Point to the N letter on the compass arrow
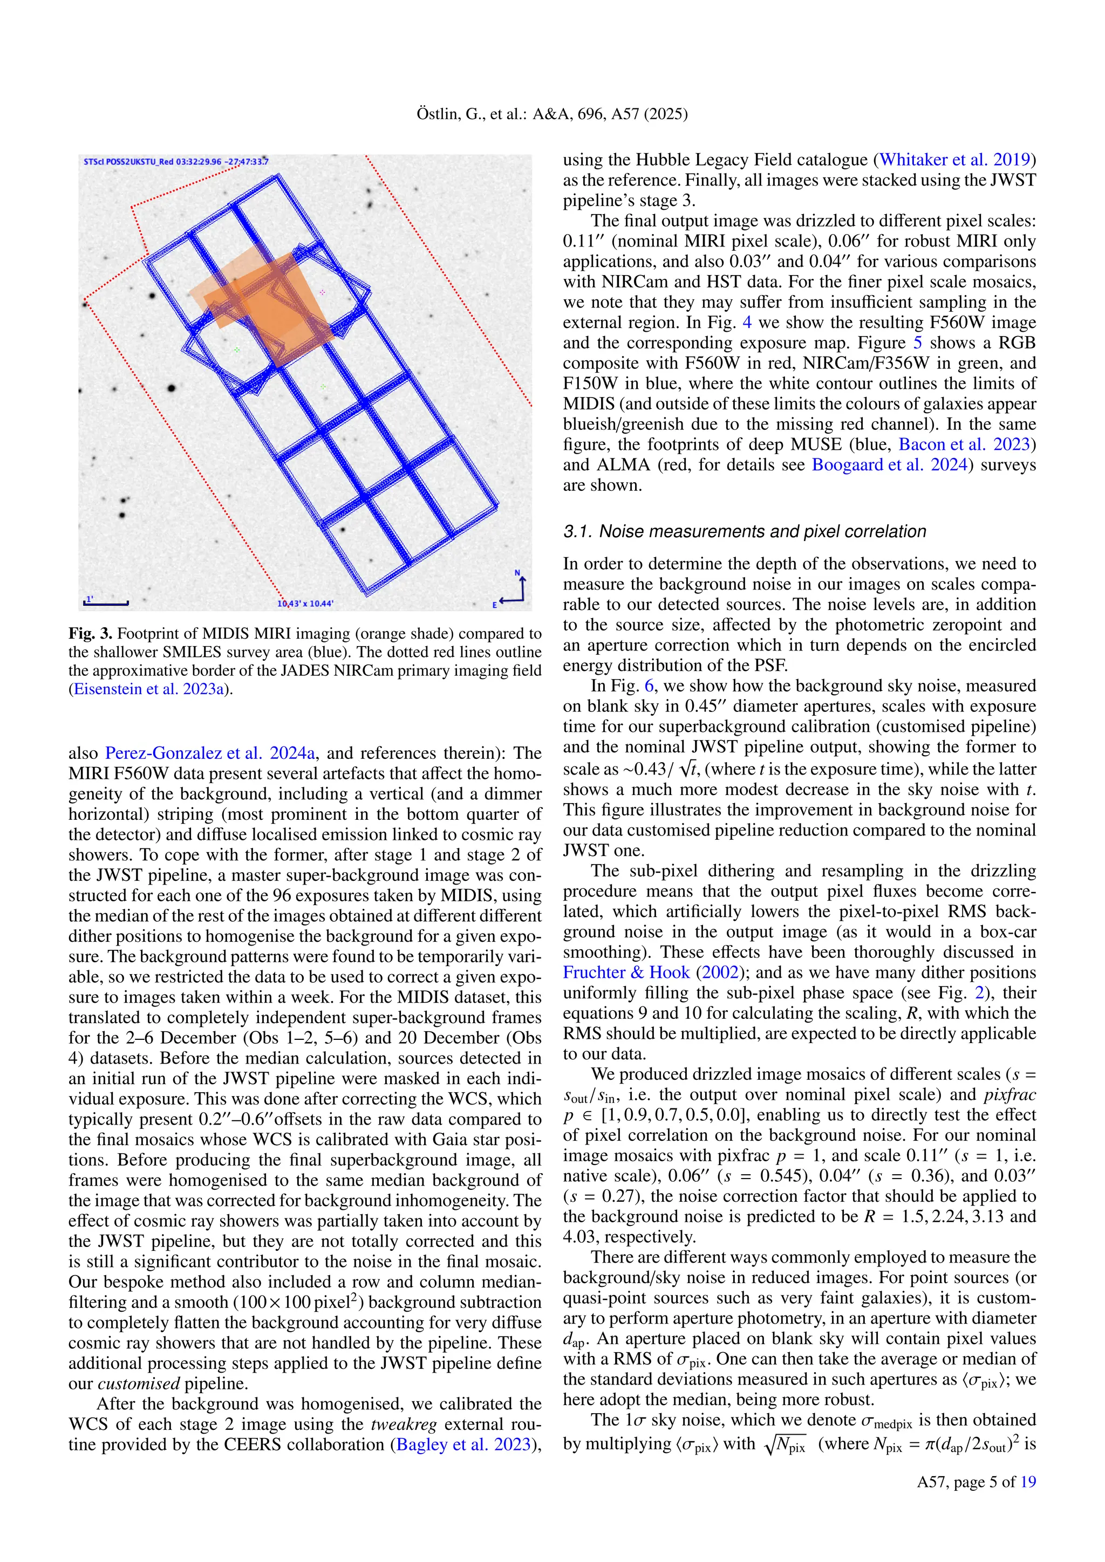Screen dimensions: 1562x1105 click(517, 573)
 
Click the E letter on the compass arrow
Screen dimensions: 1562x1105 click(495, 604)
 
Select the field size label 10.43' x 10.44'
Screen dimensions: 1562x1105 click(305, 604)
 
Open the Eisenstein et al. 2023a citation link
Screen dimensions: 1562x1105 click(149, 689)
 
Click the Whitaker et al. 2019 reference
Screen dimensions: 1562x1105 click(954, 160)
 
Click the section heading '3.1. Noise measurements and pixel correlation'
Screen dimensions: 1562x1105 click(745, 531)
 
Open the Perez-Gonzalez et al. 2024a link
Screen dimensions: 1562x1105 click(209, 753)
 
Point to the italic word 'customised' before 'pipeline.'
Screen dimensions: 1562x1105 click(139, 1383)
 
